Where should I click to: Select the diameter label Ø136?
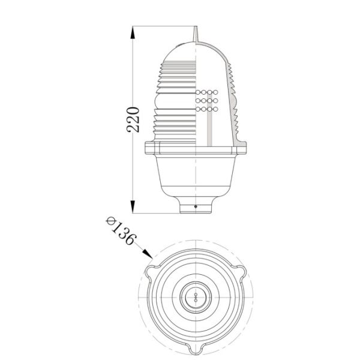click(x=121, y=230)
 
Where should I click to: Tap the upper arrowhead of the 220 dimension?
click(x=133, y=30)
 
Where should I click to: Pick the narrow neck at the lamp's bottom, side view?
click(x=196, y=206)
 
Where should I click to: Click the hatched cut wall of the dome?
click(x=232, y=90)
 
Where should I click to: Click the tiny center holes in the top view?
click(x=196, y=296)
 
